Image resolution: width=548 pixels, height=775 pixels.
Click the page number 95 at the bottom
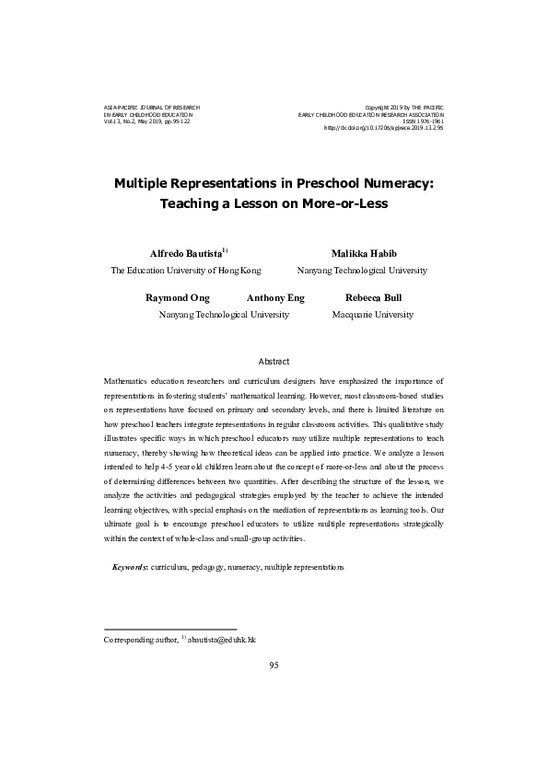point(274,665)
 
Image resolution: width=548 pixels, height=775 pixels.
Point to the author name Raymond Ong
point(178,298)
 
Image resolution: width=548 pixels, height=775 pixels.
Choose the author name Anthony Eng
point(275,298)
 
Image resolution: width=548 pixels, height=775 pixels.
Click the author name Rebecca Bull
point(373,298)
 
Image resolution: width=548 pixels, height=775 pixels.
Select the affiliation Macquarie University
point(373,315)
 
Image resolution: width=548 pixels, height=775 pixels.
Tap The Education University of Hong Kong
point(186,271)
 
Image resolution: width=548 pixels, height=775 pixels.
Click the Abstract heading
point(274,362)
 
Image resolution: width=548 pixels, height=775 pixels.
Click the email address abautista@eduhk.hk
point(221,638)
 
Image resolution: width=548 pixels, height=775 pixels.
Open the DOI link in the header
point(384,129)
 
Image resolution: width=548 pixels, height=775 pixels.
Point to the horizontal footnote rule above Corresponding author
point(170,629)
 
